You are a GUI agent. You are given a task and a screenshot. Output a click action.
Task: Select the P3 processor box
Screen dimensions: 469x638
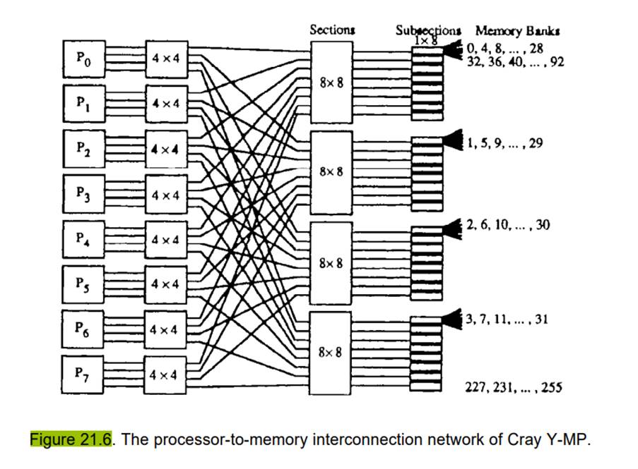pyautogui.click(x=83, y=192)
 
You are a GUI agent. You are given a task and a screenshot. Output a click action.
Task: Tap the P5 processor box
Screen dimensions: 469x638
pyautogui.click(x=83, y=283)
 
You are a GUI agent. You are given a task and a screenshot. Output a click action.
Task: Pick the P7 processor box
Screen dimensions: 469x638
pyautogui.click(x=83, y=373)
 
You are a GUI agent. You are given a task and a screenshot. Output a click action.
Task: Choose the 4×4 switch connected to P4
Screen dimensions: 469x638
pyautogui.click(x=166, y=238)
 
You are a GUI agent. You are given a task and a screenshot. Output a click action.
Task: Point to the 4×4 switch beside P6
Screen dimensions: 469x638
pyautogui.click(x=166, y=329)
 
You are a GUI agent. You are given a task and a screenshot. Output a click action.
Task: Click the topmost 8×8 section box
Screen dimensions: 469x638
pyautogui.click(x=331, y=81)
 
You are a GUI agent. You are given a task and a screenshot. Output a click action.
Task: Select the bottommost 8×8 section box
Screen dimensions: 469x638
pyautogui.click(x=331, y=351)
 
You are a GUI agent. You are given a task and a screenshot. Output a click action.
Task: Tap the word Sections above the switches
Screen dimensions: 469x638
pyautogui.click(x=331, y=30)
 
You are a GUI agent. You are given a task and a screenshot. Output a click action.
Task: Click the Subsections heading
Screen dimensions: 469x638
pyautogui.click(x=428, y=31)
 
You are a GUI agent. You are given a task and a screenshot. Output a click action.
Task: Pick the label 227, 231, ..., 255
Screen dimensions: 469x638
pyautogui.click(x=513, y=386)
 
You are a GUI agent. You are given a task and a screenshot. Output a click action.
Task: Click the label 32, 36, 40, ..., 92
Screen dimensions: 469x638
pyautogui.click(x=515, y=61)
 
